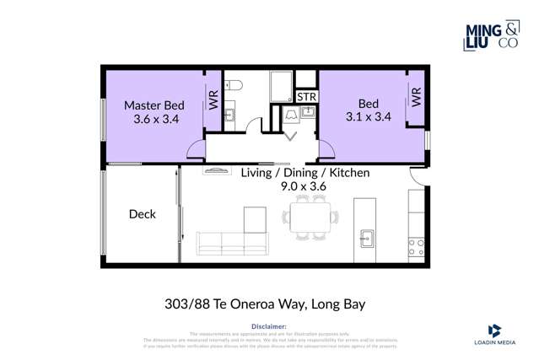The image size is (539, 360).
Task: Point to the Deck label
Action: [142, 214]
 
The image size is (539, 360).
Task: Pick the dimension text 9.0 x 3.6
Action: [305, 188]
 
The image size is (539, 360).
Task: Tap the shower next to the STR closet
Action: [281, 86]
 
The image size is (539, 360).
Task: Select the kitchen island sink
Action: [367, 237]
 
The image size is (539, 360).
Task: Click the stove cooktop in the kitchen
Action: [416, 247]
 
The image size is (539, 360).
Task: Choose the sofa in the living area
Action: [231, 244]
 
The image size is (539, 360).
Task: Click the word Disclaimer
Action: [269, 326]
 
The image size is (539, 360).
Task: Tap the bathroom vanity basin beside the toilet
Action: [229, 114]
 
